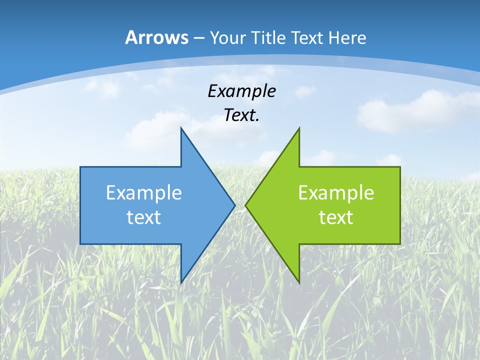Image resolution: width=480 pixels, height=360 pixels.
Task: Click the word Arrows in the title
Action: [156, 37]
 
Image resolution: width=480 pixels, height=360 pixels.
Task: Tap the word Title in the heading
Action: [271, 37]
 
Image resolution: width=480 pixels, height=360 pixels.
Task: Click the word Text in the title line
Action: [308, 37]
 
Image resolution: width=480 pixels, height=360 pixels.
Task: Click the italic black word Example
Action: [241, 91]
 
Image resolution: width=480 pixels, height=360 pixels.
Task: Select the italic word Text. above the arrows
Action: [241, 115]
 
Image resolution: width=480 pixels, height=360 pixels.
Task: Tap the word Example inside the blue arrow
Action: [144, 192]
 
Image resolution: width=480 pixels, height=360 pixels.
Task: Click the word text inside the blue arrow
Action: [144, 217]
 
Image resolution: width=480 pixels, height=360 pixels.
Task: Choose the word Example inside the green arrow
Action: [336, 192]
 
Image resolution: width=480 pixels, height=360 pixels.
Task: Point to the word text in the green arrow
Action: [336, 217]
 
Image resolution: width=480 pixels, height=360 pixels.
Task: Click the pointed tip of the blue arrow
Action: [235, 205]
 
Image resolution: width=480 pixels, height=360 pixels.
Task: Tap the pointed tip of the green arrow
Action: [245, 205]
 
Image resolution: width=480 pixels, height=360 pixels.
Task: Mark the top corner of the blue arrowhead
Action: [181, 127]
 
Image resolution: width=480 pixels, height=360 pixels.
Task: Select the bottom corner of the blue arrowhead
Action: [181, 283]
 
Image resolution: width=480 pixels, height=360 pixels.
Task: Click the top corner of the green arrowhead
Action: [299, 128]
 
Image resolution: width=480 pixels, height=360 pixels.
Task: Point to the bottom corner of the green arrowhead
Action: [299, 283]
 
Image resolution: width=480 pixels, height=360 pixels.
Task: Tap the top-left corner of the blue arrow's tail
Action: [80, 166]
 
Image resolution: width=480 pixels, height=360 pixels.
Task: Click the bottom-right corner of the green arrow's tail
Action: [400, 244]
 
